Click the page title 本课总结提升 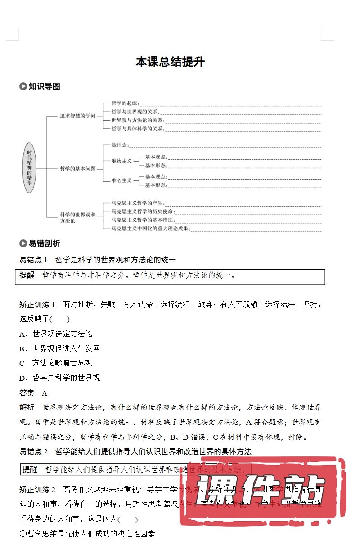(x=170, y=62)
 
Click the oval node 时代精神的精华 (x=29, y=168)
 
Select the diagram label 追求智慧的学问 (x=78, y=116)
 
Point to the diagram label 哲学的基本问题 (x=78, y=169)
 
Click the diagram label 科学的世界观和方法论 (x=77, y=218)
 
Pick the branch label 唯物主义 (x=121, y=161)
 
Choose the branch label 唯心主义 (x=121, y=180)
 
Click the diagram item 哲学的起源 (x=126, y=103)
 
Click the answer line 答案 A (x=33, y=393)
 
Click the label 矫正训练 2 (x=37, y=490)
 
